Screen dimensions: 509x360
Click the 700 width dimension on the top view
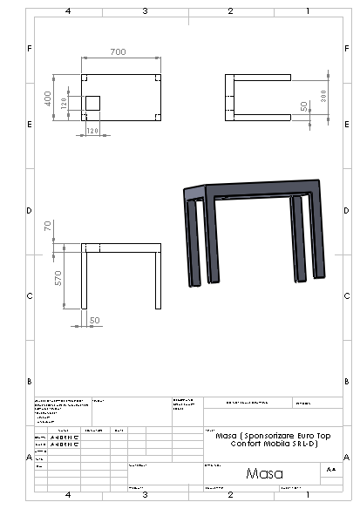point(118,53)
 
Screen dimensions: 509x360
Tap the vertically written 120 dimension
point(65,104)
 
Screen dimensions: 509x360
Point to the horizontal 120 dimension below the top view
point(92,131)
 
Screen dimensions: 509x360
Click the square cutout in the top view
point(92,103)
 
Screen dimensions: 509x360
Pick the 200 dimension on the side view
point(323,95)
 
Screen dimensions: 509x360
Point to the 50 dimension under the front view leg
point(94,321)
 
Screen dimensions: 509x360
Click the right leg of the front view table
point(158,281)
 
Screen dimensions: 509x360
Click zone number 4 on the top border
point(68,11)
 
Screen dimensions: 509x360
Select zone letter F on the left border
point(31,48)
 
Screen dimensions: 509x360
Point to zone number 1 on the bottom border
point(308,494)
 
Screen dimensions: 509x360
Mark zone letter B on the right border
point(347,382)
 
